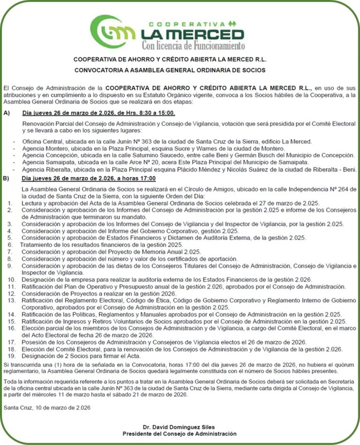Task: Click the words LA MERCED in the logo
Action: pyautogui.click(x=192, y=35)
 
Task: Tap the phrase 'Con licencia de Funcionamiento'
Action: pyautogui.click(x=193, y=46)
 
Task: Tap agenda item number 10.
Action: pyautogui.click(x=11, y=280)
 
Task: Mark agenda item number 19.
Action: pyautogui.click(x=11, y=356)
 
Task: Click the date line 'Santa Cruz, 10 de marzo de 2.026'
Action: pyautogui.click(x=47, y=408)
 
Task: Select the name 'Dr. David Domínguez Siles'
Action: pyautogui.click(x=180, y=427)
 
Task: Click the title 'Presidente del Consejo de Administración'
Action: pyautogui.click(x=180, y=434)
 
